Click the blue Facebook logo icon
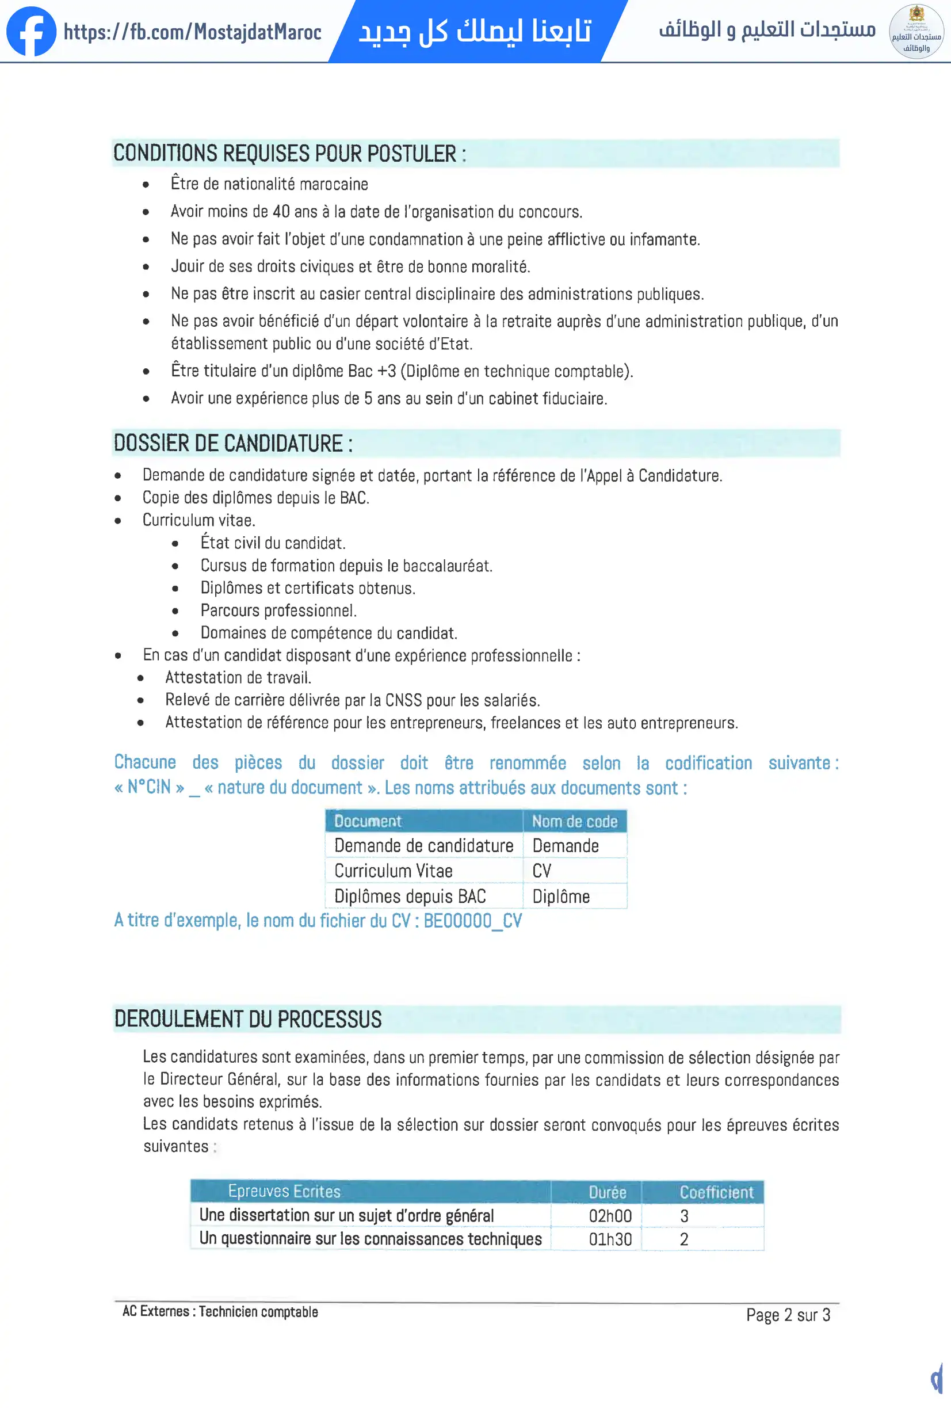[31, 32]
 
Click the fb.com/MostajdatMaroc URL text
[193, 32]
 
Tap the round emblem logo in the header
[916, 32]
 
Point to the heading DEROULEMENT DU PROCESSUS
[248, 1019]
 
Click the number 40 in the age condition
[281, 211]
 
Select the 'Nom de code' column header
[574, 822]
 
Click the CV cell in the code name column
[541, 871]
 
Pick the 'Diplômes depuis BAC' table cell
[410, 896]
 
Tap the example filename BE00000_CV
[472, 921]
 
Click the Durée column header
[608, 1192]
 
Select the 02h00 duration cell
[610, 1216]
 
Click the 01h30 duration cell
[610, 1239]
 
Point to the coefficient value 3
[685, 1216]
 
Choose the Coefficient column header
[717, 1192]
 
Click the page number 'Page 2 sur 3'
[788, 1315]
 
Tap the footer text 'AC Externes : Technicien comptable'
[220, 1312]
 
